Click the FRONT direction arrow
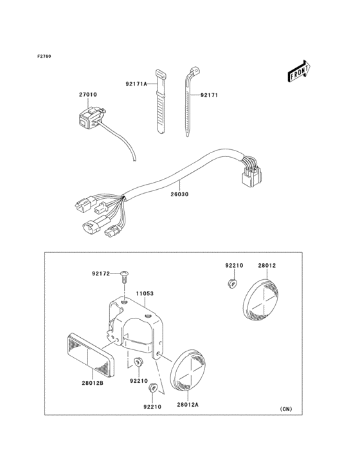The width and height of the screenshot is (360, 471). click(299, 71)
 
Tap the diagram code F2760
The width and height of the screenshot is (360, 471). click(44, 56)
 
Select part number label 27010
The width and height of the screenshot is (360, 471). click(88, 95)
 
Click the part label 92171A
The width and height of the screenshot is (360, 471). click(136, 84)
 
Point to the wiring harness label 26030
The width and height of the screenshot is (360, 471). click(180, 194)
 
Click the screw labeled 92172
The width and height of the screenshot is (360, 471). click(124, 277)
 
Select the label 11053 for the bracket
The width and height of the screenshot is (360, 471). click(145, 293)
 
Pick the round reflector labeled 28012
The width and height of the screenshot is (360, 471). click(261, 299)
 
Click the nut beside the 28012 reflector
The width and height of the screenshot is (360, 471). click(231, 282)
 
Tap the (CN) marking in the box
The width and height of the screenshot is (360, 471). click(285, 409)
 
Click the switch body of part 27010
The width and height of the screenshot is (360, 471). click(89, 118)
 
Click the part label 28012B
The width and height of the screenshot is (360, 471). click(93, 383)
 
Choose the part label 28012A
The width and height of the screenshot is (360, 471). click(188, 405)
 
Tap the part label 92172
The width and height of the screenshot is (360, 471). click(101, 273)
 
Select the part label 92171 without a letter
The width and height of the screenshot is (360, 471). click(209, 95)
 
